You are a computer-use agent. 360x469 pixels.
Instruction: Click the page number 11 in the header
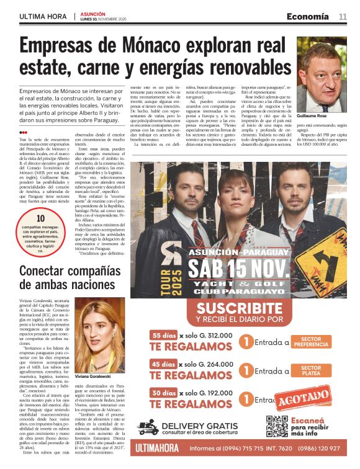point(343,16)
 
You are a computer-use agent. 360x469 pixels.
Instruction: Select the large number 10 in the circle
point(40,218)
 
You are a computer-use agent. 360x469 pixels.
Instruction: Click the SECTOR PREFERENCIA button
point(310,342)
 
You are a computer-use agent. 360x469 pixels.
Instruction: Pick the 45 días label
point(163,364)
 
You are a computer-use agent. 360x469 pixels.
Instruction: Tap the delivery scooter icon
point(149,427)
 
